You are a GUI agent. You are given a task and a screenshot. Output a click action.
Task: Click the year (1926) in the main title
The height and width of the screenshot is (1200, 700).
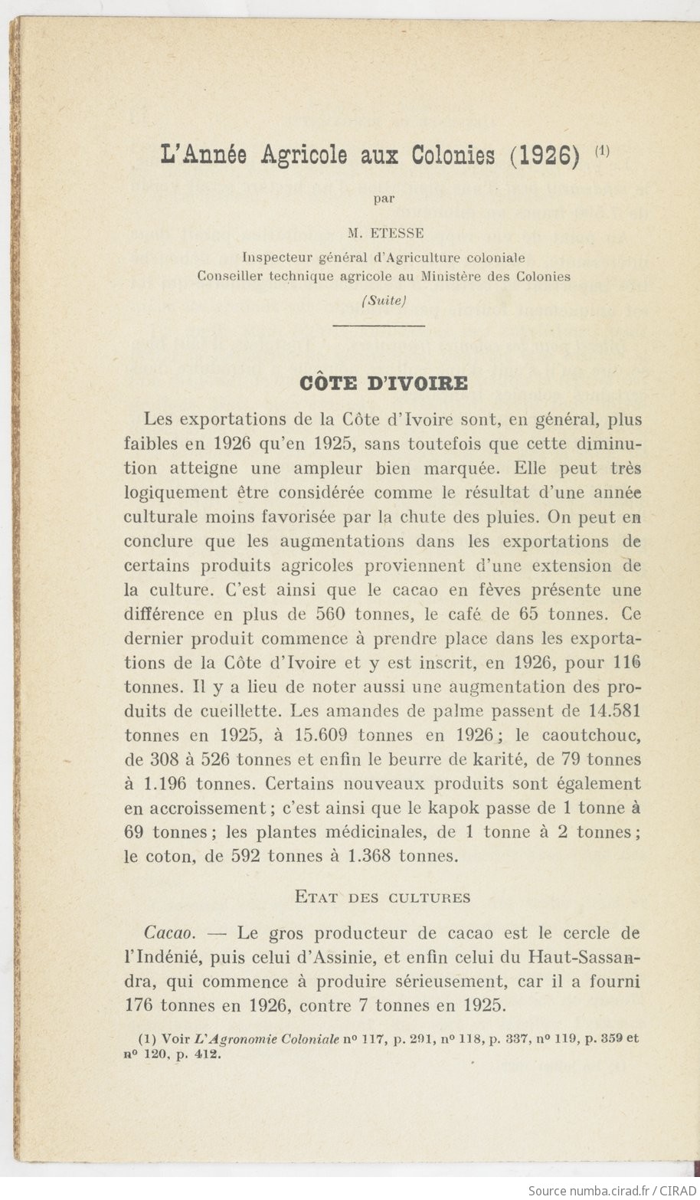pyautogui.click(x=543, y=156)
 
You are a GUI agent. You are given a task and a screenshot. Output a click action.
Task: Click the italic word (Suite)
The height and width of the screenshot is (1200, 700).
pyautogui.click(x=383, y=300)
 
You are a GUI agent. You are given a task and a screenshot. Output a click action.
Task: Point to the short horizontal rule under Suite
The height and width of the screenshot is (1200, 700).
pyautogui.click(x=379, y=326)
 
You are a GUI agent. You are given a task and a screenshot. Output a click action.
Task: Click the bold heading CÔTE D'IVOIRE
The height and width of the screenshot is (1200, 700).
pyautogui.click(x=384, y=382)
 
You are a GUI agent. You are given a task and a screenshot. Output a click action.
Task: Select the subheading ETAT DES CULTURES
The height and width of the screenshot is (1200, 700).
pyautogui.click(x=383, y=897)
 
